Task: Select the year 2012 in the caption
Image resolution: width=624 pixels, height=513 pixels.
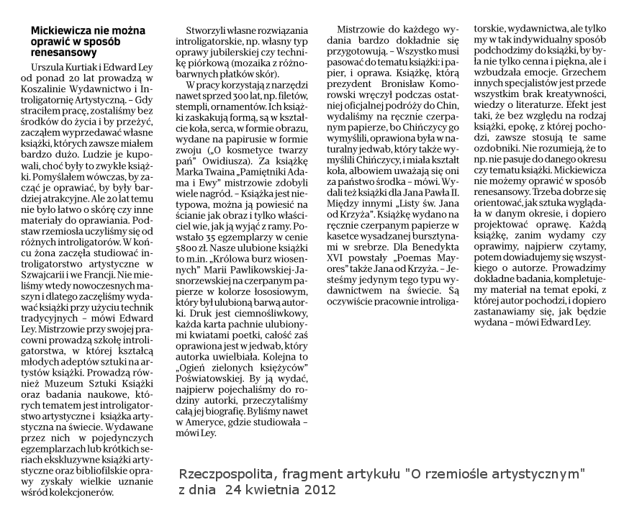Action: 318,491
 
